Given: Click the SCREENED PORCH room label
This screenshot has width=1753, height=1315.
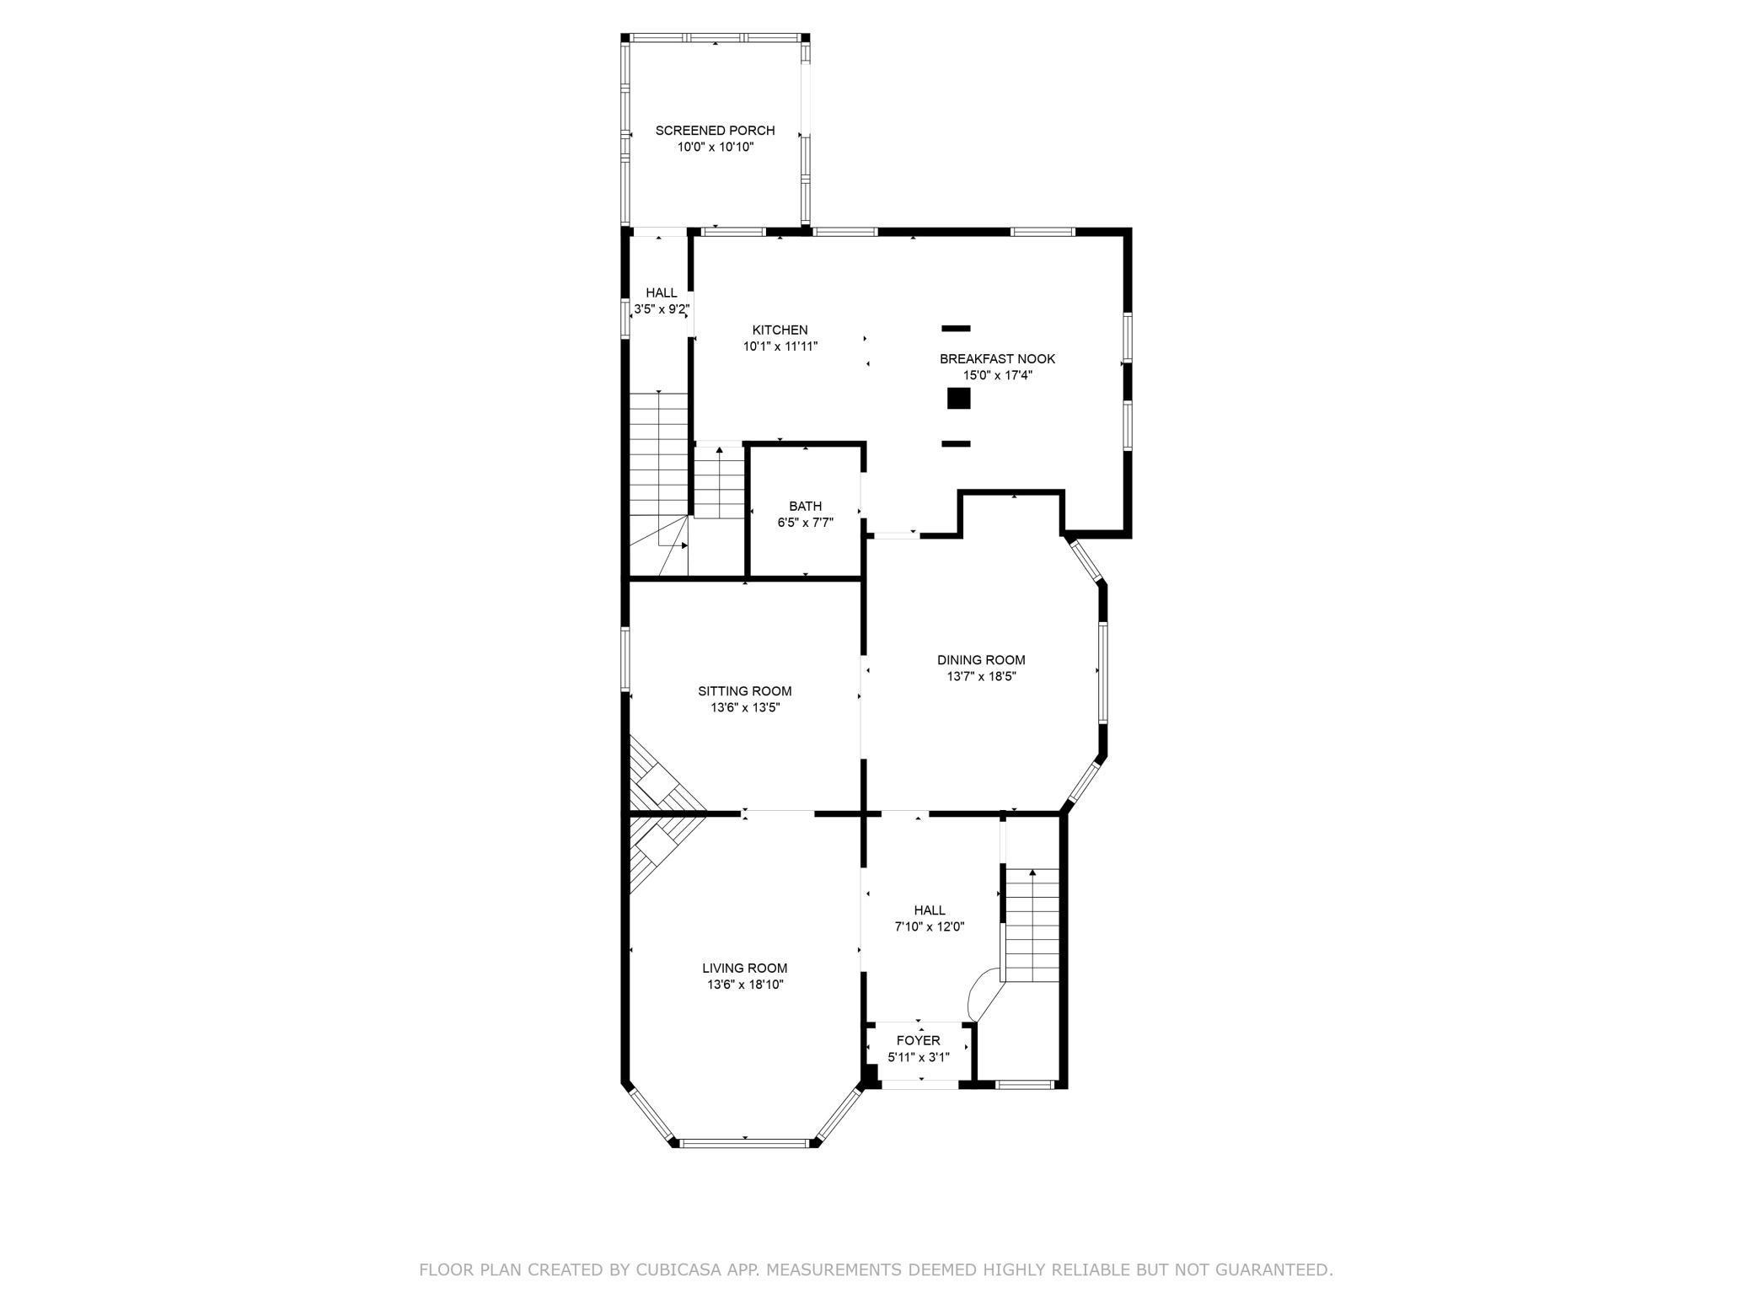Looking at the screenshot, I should click(x=715, y=131).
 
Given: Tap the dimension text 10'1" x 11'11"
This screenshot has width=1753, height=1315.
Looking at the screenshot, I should click(x=780, y=346).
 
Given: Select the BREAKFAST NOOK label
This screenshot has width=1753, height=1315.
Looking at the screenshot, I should click(x=997, y=359).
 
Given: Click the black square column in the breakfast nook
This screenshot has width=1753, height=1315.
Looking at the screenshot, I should click(x=958, y=399).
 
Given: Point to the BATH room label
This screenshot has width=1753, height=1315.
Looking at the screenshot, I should click(x=805, y=507).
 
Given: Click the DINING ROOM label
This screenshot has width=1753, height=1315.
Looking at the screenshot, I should click(x=981, y=660).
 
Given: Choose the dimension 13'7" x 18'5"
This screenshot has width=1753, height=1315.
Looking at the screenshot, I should click(x=981, y=676).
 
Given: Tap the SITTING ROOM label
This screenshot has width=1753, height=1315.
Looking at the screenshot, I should click(x=744, y=691).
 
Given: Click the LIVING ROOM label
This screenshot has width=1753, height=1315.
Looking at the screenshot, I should click(x=744, y=969).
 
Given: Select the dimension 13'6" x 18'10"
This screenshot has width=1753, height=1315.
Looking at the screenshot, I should click(x=745, y=985).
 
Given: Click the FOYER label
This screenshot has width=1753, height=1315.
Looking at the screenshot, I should click(x=918, y=1040).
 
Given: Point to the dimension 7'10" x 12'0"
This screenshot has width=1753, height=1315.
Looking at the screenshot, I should click(x=929, y=926).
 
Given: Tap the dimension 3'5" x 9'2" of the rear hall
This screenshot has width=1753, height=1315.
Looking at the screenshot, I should click(x=662, y=309).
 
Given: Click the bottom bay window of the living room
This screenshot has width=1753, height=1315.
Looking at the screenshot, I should click(x=745, y=1144).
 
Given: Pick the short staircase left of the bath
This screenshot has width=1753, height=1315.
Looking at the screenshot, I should click(x=718, y=485).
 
